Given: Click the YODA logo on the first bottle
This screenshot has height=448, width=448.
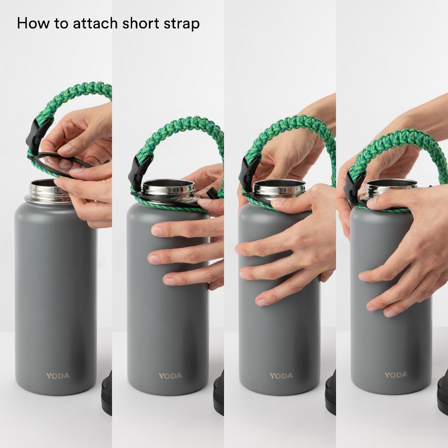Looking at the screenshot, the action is point(58,376).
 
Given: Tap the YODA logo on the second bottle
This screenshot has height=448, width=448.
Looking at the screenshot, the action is point(170,376).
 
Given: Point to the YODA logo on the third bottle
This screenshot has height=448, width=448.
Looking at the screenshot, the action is point(281,375).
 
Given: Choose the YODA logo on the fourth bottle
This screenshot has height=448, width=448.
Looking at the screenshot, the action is point(396,375).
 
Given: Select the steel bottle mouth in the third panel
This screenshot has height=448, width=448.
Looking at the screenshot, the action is point(279,188).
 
